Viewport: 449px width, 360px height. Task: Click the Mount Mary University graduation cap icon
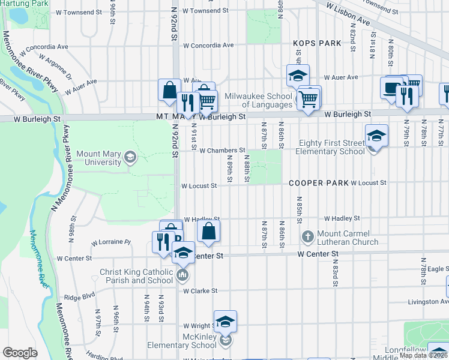[x=130, y=158]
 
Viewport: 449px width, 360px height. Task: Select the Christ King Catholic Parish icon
[x=182, y=276]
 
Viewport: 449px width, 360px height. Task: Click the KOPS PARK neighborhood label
[x=317, y=43]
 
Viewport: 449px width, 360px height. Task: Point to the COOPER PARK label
[x=318, y=182]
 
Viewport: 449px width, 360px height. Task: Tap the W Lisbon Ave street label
[x=348, y=13]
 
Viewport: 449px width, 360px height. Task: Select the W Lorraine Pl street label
[x=110, y=243]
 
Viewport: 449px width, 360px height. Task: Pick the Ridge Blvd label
[x=80, y=296]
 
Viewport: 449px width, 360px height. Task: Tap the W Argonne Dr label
[x=55, y=67]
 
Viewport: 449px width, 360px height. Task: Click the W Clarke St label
[x=200, y=291]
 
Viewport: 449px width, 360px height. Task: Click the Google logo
[x=20, y=353]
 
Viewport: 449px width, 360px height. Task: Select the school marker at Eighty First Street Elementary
[x=376, y=136]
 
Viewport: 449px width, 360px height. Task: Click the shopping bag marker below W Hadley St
[x=208, y=231]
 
